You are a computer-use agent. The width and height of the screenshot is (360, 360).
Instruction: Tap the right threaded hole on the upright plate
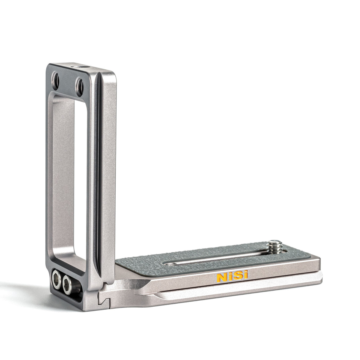79,83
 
